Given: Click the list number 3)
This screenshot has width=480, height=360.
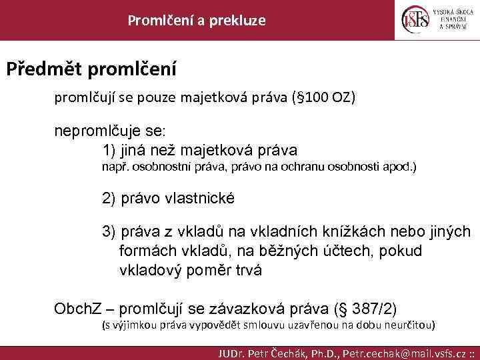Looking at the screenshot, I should coord(109,231).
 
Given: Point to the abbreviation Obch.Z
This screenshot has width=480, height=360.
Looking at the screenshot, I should coord(77,309).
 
